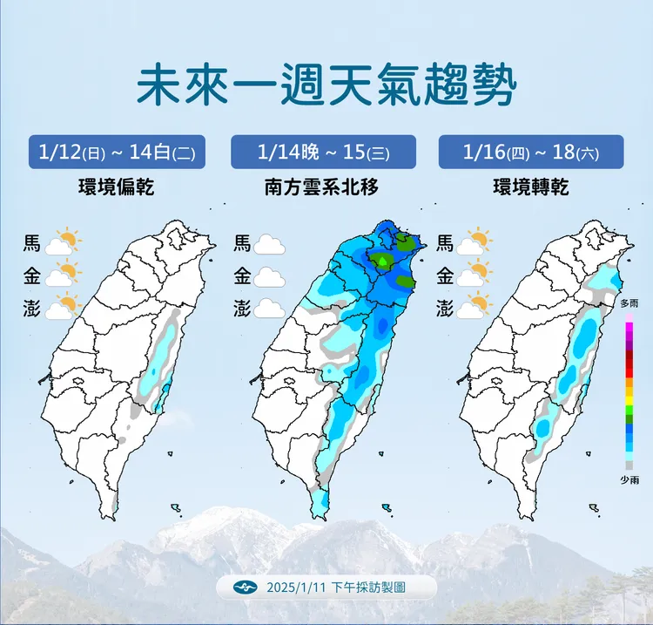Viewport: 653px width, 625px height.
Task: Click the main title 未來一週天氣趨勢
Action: pos(326,85)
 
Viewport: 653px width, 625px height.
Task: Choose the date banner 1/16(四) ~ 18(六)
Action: pos(531,152)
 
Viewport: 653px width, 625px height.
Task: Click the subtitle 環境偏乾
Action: pos(116,187)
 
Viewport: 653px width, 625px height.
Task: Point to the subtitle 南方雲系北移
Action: pos(321,187)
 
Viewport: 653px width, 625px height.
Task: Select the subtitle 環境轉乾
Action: pos(530,187)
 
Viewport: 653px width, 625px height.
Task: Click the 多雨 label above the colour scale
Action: pos(629,303)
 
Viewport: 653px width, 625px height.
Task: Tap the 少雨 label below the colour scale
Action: pos(629,479)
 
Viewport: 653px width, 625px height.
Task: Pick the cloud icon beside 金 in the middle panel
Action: pos(270,277)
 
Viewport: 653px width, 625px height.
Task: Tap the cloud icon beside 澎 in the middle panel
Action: pos(270,309)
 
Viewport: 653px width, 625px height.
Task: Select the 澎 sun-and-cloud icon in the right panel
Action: pos(475,307)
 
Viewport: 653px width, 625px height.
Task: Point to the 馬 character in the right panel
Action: pos(445,243)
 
